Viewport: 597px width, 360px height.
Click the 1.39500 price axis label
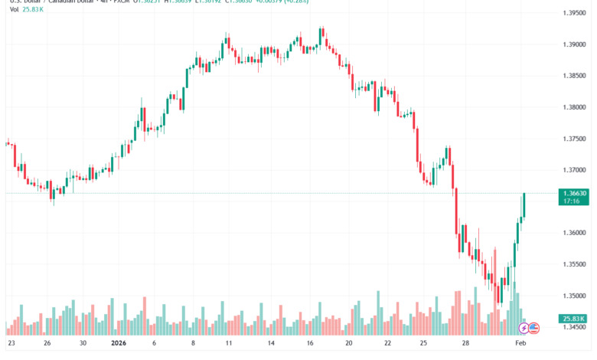(574, 14)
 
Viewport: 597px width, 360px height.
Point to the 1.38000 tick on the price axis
(574, 107)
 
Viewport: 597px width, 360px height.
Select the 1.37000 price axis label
(574, 170)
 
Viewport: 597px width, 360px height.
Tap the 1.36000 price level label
(574, 233)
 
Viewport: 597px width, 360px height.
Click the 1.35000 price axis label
(574, 296)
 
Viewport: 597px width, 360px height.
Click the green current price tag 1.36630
(574, 193)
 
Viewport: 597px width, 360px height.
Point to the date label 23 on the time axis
(11, 345)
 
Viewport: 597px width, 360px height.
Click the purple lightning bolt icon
(524, 328)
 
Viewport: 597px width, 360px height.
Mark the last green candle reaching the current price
(525, 205)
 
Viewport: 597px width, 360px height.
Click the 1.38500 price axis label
(574, 76)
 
